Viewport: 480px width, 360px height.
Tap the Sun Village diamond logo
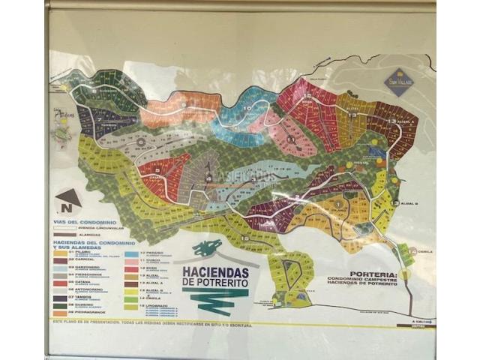[x=397, y=81]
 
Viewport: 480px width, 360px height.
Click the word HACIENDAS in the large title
[x=214, y=272]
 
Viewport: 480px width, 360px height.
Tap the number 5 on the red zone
[x=158, y=171]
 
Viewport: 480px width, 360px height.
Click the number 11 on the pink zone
[x=290, y=139]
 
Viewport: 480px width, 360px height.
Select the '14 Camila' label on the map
[x=421, y=251]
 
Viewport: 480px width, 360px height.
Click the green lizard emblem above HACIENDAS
[x=208, y=248]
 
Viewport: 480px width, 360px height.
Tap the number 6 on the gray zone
[x=139, y=140]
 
